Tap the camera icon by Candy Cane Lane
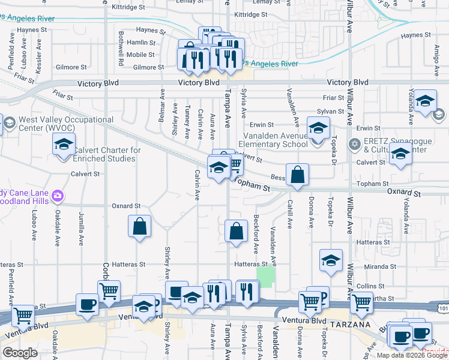point(58,195)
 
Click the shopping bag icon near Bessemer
point(297,175)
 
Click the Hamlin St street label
point(141,43)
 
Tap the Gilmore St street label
point(148,68)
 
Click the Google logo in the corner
point(20,353)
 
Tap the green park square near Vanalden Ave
point(266,276)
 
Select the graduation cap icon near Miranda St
point(331,261)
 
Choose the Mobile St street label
point(141,55)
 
